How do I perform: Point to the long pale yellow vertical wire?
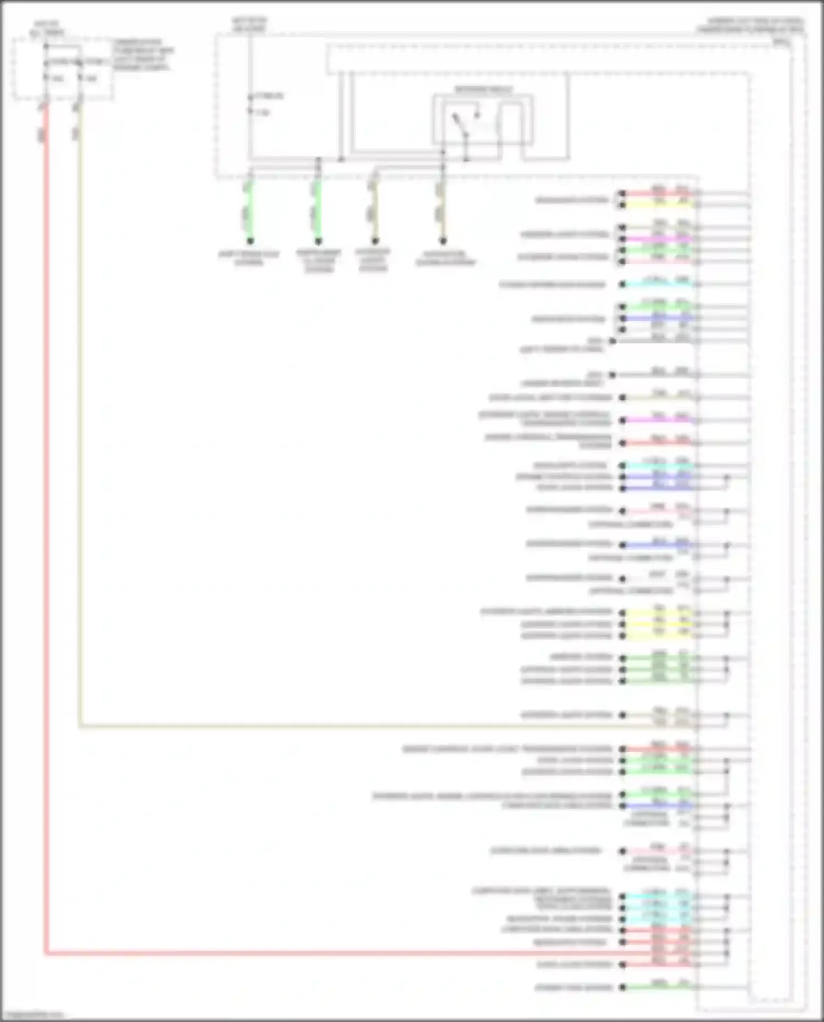(x=80, y=439)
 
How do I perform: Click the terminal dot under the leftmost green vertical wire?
(x=250, y=241)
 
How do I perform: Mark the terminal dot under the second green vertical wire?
(x=318, y=241)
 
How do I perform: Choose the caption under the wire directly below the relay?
(x=445, y=259)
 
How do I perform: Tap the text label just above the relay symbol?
(x=483, y=90)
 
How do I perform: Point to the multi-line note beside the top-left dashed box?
(x=143, y=54)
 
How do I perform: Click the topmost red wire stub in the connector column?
(x=659, y=194)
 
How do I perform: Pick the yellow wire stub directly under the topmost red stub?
(x=659, y=205)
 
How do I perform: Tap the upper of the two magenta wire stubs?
(x=659, y=239)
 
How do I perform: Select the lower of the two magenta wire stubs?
(x=659, y=420)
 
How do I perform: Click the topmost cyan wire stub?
(x=659, y=284)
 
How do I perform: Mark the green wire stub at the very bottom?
(x=659, y=987)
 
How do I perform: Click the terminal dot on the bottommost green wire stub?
(x=622, y=987)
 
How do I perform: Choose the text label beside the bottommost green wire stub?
(x=574, y=987)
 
